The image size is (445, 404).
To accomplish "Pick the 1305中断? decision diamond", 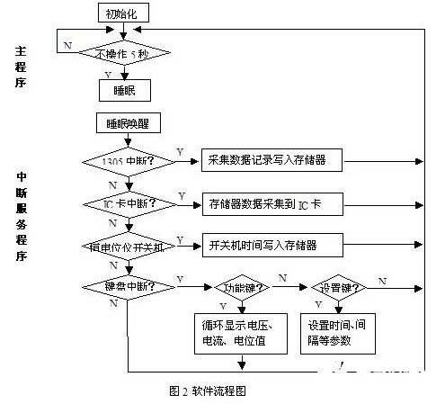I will (127, 163).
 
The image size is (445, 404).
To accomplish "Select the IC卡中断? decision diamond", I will (127, 204).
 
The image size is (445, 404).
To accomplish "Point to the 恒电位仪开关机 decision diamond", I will (127, 245).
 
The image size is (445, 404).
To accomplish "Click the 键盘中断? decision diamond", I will (127, 286).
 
